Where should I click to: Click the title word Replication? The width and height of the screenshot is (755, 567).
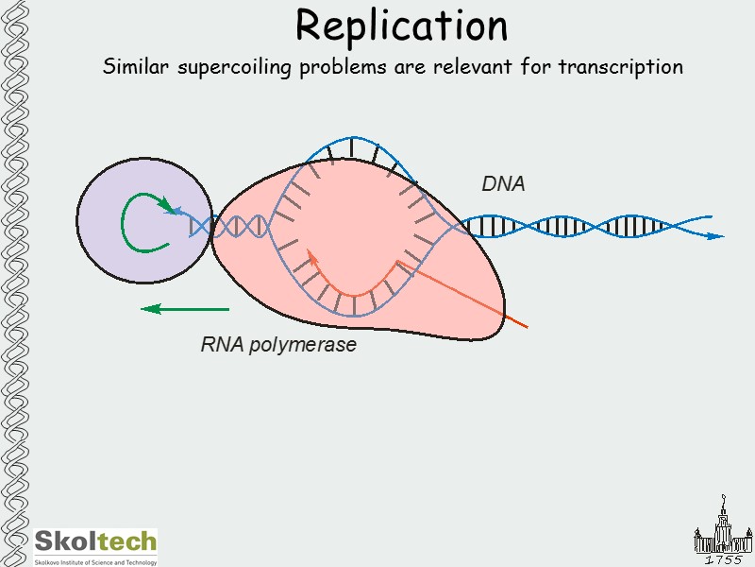pyautogui.click(x=401, y=26)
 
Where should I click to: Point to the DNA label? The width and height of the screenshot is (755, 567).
pyautogui.click(x=503, y=185)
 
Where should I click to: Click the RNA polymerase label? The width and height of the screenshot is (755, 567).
pyautogui.click(x=278, y=345)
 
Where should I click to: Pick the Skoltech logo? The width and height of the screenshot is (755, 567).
pyautogui.click(x=95, y=542)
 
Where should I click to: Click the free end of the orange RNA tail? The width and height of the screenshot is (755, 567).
pyautogui.click(x=526, y=327)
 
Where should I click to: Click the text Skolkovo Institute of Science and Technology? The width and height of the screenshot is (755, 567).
pyautogui.click(x=95, y=561)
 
